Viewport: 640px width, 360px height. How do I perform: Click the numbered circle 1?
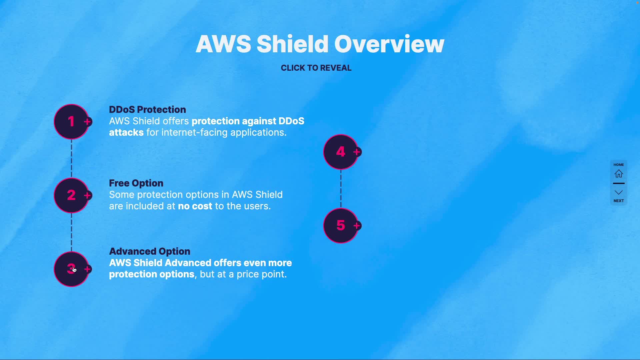pos(71,122)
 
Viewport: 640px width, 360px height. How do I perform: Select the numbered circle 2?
pos(71,195)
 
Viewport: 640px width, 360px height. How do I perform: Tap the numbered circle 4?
pos(340,152)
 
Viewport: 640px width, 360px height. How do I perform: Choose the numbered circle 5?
pos(340,226)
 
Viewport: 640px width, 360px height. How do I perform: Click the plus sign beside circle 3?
pos(87,269)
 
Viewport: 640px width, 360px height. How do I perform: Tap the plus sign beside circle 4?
pos(357,152)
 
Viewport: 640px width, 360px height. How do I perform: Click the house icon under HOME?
pos(619,174)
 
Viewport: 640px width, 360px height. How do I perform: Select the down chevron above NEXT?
pos(619,192)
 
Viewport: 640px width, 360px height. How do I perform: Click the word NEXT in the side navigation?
pos(619,201)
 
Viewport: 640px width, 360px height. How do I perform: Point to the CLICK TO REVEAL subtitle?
pos(316,68)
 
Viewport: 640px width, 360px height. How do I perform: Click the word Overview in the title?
pos(389,44)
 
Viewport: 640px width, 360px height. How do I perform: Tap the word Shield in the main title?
pos(292,44)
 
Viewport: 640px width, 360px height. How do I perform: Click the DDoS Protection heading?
pos(147,110)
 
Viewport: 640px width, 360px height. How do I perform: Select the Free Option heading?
pos(136,183)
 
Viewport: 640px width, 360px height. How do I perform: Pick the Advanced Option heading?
pos(150,251)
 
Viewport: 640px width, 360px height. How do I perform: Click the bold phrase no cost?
pos(195,206)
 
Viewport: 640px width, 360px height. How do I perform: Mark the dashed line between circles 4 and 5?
pos(341,189)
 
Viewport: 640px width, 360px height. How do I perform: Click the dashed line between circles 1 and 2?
pos(71,158)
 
